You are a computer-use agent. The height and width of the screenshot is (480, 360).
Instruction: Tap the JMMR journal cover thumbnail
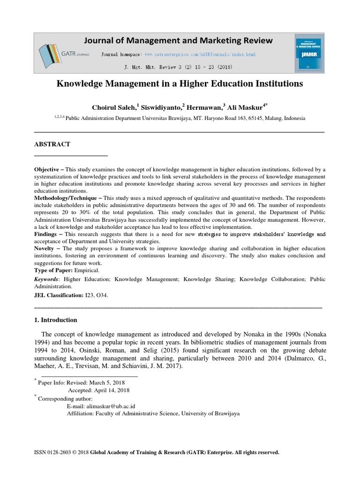(307, 53)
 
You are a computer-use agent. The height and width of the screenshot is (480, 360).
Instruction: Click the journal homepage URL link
(200, 55)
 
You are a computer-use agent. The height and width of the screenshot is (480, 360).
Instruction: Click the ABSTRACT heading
(52, 144)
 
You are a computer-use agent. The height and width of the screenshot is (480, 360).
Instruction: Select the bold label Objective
(48, 169)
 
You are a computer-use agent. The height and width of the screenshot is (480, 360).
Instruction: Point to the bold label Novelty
(46, 248)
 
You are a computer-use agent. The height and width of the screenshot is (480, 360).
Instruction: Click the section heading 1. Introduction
(56, 320)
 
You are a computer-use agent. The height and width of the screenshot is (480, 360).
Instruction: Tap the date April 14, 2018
(112, 390)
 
